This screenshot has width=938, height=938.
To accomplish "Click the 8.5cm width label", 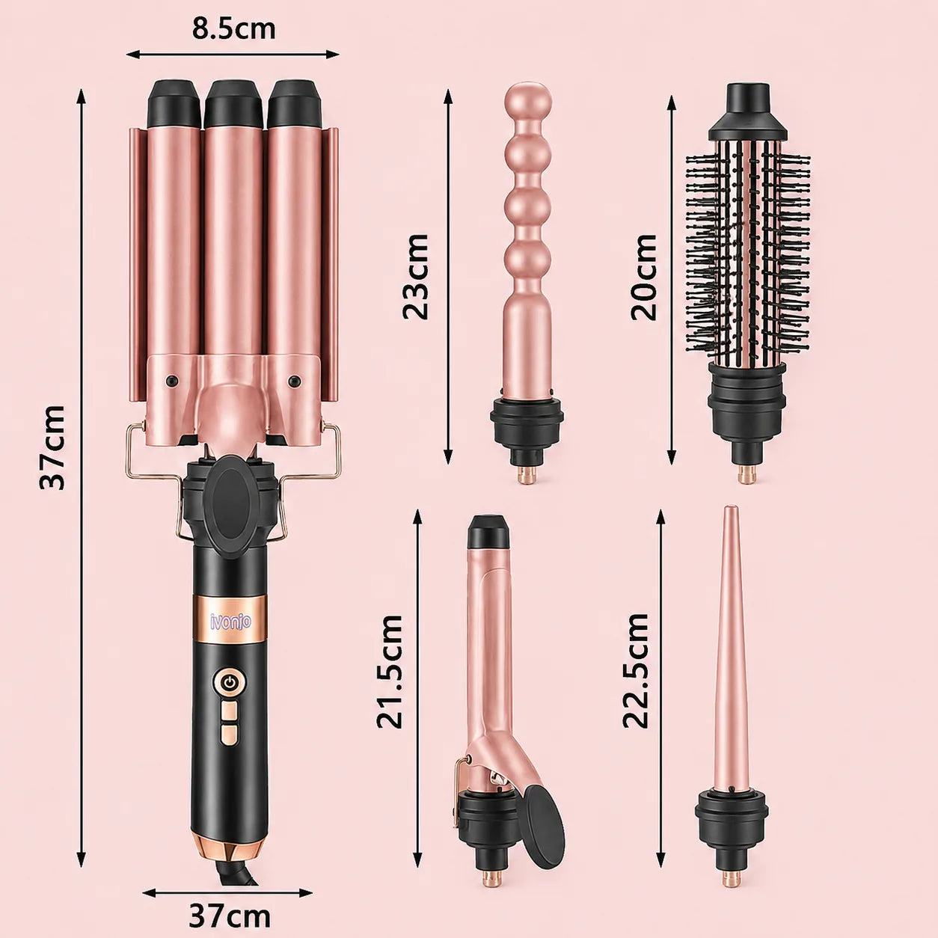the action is [x=233, y=28].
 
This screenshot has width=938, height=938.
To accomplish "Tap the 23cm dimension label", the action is [x=416, y=277].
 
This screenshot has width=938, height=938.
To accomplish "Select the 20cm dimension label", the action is [x=644, y=278].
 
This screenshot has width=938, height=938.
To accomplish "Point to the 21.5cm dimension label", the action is [x=390, y=672].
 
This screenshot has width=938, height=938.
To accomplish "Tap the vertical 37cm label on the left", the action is [x=52, y=447].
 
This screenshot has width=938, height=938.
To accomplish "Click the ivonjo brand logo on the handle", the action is [x=230, y=621].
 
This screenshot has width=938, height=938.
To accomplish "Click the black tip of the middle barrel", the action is [x=233, y=104].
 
